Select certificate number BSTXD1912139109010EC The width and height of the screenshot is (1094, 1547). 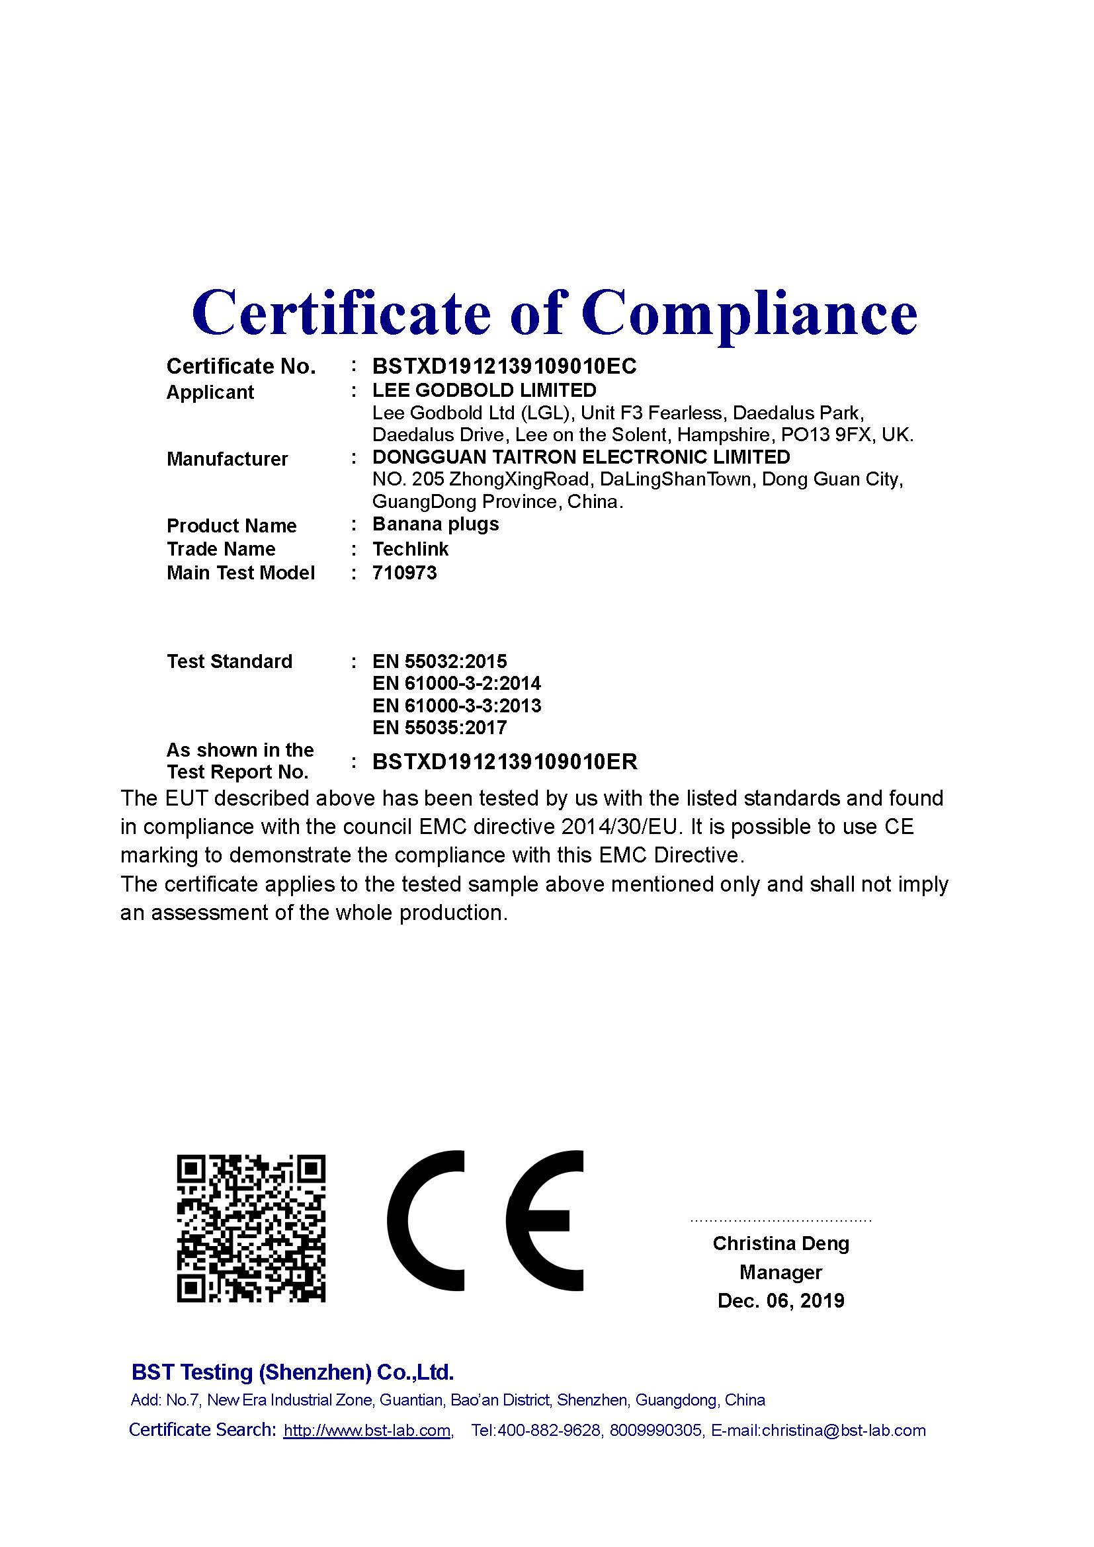504,366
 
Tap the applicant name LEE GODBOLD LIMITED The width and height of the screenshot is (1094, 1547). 484,390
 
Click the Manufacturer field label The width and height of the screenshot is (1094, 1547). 227,459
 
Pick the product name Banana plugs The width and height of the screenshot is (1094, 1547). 435,524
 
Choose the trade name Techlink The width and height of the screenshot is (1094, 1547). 410,549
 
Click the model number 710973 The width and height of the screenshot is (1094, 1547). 404,573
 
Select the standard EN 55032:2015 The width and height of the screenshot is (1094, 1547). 439,661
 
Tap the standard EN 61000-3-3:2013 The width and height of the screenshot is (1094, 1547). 456,706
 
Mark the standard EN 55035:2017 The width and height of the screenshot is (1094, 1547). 439,728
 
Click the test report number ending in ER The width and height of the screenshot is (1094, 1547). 505,762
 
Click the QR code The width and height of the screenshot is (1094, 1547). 251,1228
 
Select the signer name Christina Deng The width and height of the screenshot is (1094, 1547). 780,1243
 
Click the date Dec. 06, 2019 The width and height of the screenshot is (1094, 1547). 780,1300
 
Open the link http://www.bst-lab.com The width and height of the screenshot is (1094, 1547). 367,1431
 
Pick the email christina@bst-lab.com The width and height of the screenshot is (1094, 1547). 843,1431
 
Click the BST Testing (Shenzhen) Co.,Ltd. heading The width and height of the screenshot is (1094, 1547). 292,1372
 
